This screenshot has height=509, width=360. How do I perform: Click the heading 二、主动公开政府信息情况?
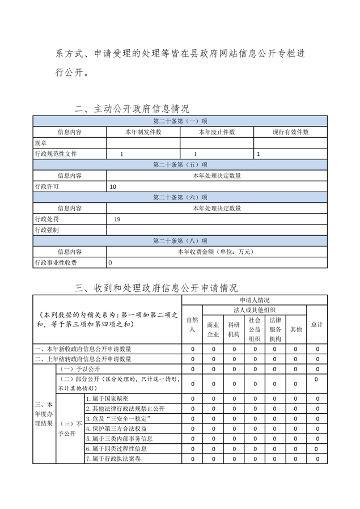pos(132,109)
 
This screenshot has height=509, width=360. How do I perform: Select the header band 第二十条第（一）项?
pos(180,121)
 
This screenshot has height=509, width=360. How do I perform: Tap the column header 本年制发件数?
pos(143,132)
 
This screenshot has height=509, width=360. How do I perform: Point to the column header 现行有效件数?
pos(290,132)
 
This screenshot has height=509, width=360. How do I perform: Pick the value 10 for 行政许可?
pos(113,186)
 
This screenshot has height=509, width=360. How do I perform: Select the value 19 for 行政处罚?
pos(117,219)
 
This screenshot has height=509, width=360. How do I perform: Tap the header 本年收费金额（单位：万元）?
pos(217,252)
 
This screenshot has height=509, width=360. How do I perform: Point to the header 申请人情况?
pos(254,300)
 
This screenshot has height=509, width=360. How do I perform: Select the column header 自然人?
pos(192,325)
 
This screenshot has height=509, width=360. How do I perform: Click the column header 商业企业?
pos(213,329)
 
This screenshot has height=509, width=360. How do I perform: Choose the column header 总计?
pos(317,324)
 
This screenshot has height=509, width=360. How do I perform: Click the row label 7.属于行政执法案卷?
pos(113,459)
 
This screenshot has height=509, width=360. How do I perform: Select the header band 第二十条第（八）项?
pos(180,241)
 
